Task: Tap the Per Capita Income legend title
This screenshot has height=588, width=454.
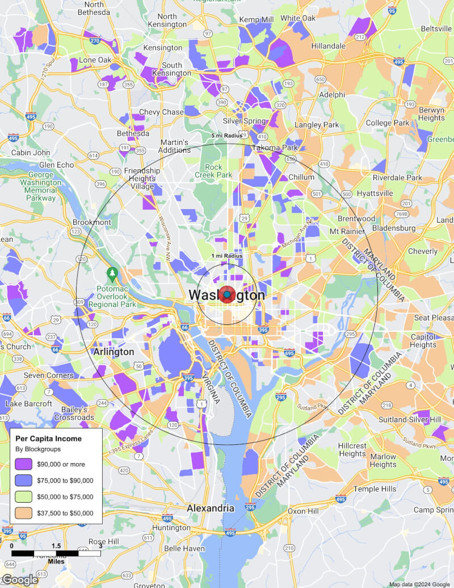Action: (48, 439)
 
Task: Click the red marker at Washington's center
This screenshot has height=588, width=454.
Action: (226, 295)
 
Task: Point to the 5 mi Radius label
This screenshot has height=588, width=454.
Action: (227, 136)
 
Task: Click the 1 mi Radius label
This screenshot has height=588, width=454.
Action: (227, 256)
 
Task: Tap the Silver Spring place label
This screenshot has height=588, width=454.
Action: (245, 121)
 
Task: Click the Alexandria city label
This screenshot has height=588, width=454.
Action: (211, 508)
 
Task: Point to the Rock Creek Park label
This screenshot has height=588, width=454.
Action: (213, 171)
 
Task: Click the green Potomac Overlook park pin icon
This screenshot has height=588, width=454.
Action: (112, 274)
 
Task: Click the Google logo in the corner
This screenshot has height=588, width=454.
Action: (19, 579)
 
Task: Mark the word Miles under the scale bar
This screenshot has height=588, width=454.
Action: (56, 561)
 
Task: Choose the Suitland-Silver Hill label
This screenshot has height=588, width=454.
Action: (402, 419)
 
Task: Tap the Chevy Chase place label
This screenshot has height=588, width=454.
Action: (161, 112)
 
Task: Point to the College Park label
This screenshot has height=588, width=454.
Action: (388, 123)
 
